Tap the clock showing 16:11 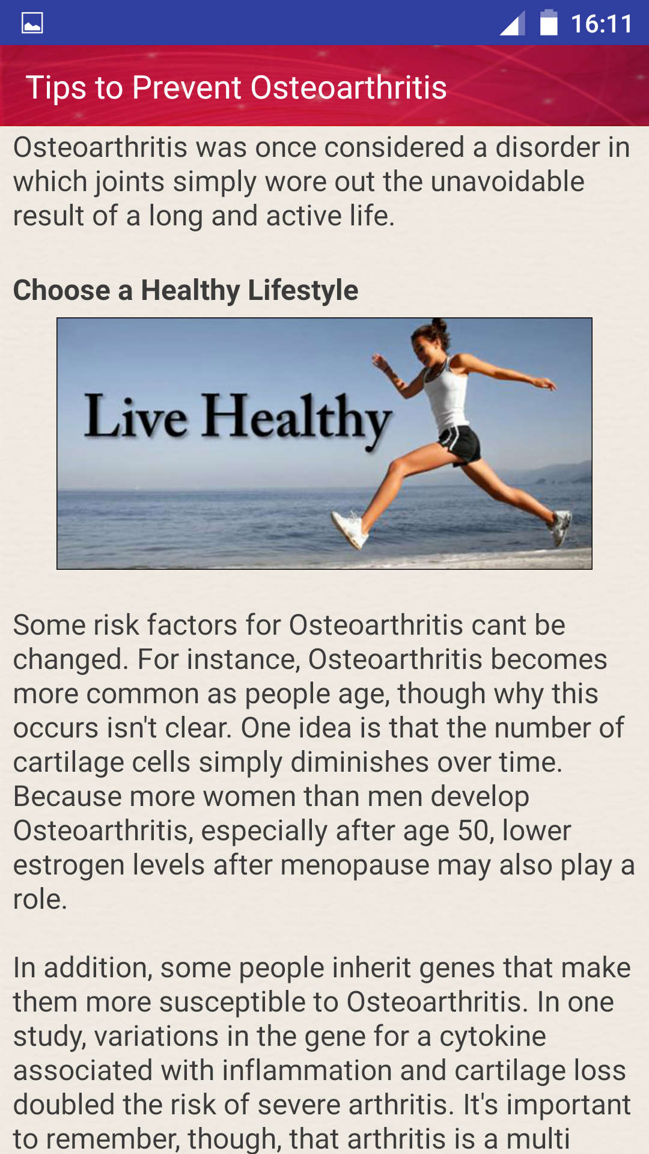pos(602,24)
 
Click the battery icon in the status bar pos(549,23)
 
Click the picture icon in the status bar pos(32,23)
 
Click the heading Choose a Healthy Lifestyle pos(186,290)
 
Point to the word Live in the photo pos(136,416)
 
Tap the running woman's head pos(431,341)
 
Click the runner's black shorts pos(462,444)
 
